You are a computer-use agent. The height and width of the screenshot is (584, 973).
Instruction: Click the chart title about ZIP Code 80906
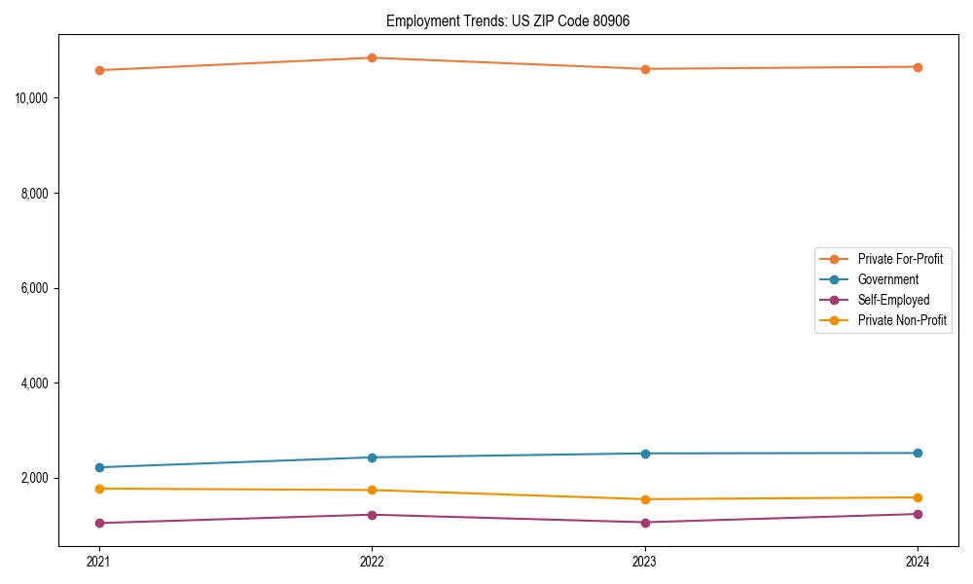tap(508, 21)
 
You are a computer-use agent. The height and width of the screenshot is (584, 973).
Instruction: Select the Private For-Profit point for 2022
tap(372, 57)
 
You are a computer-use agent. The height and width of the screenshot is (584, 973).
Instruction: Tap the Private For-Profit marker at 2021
tap(99, 70)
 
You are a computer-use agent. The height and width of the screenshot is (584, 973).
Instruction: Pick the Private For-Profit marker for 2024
tap(918, 67)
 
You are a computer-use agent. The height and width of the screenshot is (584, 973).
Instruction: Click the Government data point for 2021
tap(99, 467)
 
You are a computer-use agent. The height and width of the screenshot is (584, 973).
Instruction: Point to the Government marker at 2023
tap(645, 454)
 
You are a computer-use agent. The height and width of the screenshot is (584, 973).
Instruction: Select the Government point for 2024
tap(918, 453)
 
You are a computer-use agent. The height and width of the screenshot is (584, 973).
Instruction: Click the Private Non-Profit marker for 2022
tap(372, 491)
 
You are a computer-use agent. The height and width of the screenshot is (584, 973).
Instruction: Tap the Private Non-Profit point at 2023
tap(645, 499)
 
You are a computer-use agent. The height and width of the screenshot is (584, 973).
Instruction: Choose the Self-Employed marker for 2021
tap(99, 523)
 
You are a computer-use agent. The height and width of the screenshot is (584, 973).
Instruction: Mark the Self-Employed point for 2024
tap(918, 514)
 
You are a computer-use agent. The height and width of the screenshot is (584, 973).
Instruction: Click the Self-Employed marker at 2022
tap(372, 515)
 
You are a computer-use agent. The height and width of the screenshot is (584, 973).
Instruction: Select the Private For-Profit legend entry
tap(900, 259)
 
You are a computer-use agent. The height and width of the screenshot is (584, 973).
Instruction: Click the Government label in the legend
tap(887, 279)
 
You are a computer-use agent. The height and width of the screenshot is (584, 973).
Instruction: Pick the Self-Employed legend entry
tap(893, 300)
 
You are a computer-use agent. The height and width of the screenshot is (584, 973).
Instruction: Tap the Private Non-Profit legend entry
tap(902, 320)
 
